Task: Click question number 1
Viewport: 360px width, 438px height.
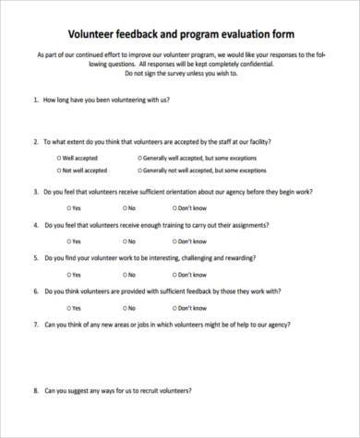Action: click(34, 99)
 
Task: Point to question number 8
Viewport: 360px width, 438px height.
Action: click(34, 390)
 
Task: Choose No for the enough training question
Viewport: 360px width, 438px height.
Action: click(118, 241)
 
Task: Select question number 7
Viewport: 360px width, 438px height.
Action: click(34, 324)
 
